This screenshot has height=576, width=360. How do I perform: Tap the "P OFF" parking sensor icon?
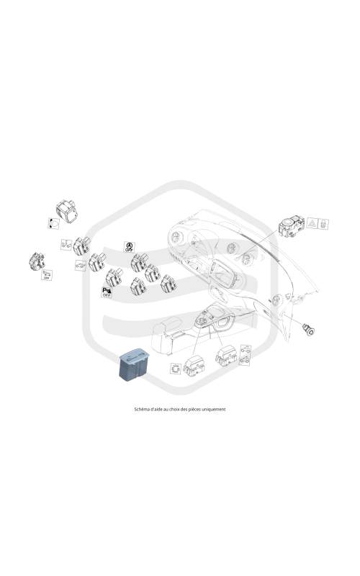tap(107, 292)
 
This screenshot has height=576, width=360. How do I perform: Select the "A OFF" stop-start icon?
tap(129, 247)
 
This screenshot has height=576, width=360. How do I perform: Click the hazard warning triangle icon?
tap(312, 222)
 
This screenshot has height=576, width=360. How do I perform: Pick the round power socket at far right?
tap(308, 329)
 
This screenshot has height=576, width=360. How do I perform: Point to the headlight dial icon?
tap(53, 222)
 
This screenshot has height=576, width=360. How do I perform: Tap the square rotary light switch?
tap(67, 210)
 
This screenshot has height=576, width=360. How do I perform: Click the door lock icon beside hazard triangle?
tap(323, 223)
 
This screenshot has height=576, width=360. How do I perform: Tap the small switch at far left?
tap(37, 261)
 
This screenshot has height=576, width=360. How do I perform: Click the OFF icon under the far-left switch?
tap(47, 275)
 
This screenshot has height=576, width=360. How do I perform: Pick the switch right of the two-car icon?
tap(81, 246)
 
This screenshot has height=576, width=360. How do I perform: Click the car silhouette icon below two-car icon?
tap(81, 265)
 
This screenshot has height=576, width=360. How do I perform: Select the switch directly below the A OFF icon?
tap(139, 263)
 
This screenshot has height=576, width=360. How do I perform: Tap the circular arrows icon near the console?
tap(176, 369)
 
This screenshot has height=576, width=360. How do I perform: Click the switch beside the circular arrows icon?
tap(194, 366)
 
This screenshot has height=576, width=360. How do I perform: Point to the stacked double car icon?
tap(246, 354)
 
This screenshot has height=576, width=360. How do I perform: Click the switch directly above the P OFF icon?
tap(114, 278)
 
